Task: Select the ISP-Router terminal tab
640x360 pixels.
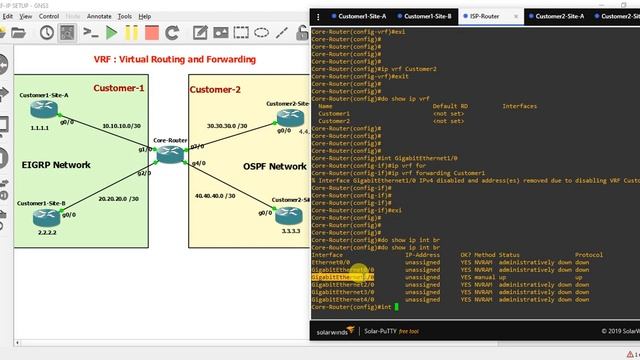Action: tap(486, 17)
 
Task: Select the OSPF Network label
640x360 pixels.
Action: tap(274, 166)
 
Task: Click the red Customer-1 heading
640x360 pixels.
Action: tap(119, 89)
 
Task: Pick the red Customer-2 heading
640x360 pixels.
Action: tap(216, 90)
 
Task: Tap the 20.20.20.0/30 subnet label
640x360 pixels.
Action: tap(121, 198)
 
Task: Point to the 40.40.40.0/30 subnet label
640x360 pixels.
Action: tap(216, 196)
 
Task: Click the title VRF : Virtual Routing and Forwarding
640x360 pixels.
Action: tap(161, 60)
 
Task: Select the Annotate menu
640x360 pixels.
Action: tap(99, 17)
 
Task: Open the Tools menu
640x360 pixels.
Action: tap(124, 17)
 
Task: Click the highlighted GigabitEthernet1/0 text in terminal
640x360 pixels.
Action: tap(342, 277)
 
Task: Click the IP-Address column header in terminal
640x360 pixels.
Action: tap(422, 255)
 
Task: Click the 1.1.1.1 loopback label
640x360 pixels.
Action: tap(40, 129)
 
